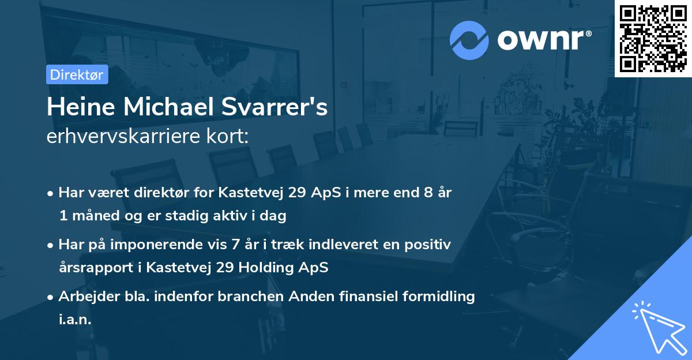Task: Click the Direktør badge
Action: (x=77, y=74)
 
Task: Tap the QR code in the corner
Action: (x=653, y=38)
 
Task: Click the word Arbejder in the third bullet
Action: (x=85, y=297)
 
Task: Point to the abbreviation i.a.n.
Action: (x=75, y=320)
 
